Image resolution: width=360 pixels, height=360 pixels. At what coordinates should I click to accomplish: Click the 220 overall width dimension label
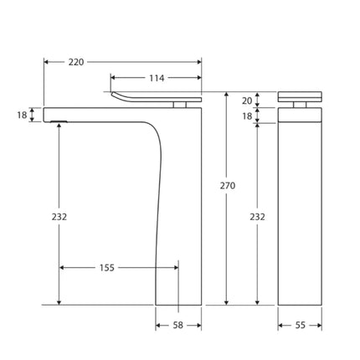click(75, 62)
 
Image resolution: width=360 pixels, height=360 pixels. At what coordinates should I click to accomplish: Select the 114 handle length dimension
click(157, 78)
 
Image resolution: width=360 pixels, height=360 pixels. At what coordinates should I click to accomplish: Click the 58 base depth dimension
click(178, 325)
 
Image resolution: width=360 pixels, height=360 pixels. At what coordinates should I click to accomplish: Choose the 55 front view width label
click(300, 325)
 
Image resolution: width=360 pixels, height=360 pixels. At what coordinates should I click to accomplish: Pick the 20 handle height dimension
click(246, 100)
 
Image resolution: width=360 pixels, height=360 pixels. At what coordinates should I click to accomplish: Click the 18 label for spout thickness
click(23, 115)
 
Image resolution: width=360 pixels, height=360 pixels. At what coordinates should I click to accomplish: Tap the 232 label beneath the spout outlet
click(59, 217)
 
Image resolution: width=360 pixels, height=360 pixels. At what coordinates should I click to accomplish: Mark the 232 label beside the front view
click(257, 217)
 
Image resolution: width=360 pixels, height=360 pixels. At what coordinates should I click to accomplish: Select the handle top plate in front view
click(299, 95)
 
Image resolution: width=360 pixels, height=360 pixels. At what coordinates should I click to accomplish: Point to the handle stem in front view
click(299, 105)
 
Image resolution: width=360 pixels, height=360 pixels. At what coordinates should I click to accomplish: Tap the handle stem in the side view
click(178, 105)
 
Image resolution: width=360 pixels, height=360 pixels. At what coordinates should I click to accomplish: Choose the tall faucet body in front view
click(299, 209)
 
